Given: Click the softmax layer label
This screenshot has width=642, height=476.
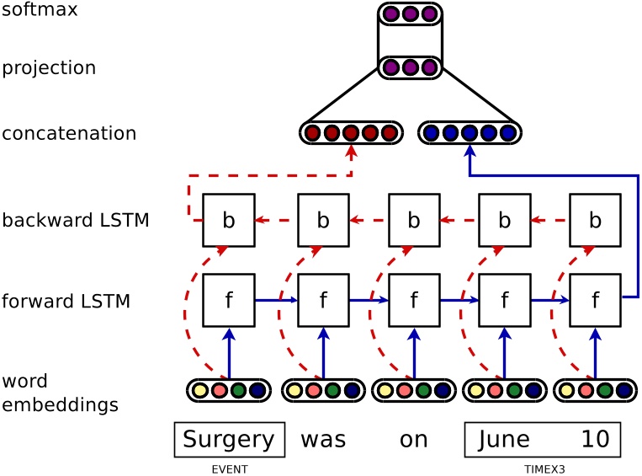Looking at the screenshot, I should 40,11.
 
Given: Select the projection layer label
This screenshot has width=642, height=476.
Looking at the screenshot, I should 49,68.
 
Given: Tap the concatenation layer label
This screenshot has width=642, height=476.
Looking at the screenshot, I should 69,134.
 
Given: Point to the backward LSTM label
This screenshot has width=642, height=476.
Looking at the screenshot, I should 76,221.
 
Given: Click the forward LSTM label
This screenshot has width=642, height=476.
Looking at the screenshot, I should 66,301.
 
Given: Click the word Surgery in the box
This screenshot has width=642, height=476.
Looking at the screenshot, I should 229,440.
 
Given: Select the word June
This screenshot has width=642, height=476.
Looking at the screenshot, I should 504,440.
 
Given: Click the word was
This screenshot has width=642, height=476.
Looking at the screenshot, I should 323,440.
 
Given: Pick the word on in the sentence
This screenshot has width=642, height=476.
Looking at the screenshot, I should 414,440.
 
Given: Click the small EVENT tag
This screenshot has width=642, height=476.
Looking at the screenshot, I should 229,468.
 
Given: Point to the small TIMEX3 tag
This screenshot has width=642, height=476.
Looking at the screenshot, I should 543,468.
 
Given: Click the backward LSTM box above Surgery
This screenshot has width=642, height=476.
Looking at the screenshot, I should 229,221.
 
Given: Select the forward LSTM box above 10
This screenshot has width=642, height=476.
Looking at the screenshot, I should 595,301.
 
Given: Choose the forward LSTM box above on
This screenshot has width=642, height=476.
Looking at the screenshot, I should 414,301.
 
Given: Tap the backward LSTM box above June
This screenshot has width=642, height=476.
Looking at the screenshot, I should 504,221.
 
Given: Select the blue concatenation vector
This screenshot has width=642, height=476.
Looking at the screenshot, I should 470,133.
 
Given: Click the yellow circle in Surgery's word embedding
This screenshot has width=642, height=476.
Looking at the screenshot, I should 200,391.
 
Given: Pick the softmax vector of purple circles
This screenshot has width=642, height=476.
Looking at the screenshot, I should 410,14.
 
